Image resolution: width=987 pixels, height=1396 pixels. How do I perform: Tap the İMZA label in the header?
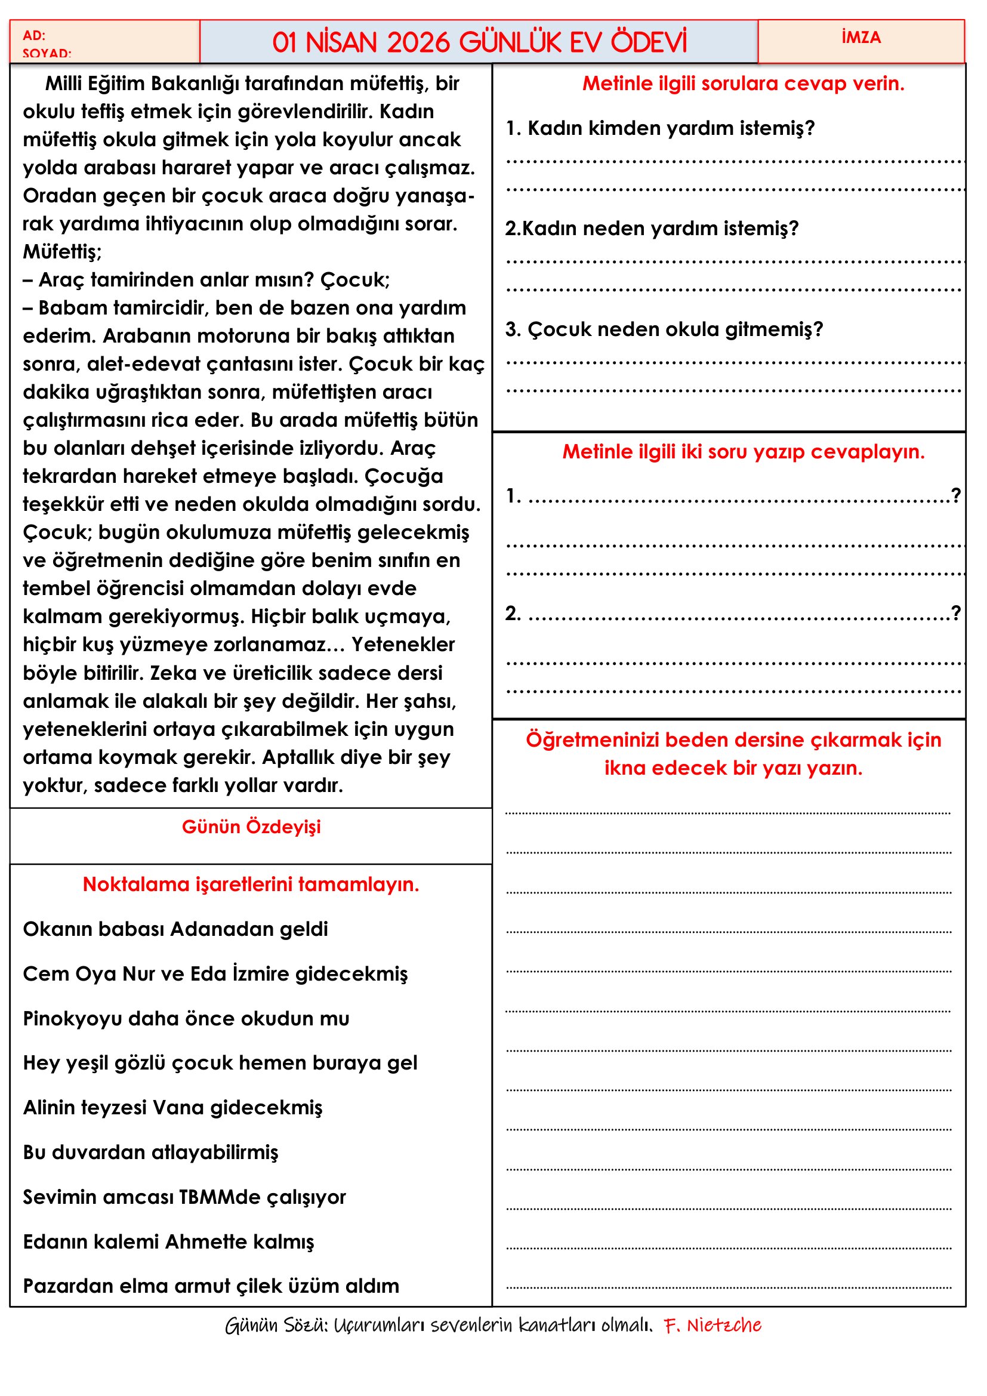[x=860, y=38]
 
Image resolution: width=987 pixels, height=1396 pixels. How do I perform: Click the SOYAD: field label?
[x=47, y=54]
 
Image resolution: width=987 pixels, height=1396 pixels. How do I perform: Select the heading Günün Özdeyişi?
[x=251, y=827]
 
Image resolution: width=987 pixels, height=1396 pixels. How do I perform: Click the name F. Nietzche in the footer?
[x=712, y=1326]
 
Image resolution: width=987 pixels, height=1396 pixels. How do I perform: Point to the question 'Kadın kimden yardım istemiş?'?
[x=670, y=128]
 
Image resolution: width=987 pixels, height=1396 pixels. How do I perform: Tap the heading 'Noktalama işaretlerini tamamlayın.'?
[x=251, y=884]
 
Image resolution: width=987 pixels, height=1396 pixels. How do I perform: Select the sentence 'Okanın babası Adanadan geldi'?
[x=175, y=929]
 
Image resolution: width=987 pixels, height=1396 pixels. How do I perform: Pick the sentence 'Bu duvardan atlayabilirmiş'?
[x=151, y=1152]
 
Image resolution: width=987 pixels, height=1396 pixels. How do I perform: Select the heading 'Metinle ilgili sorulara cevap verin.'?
[x=744, y=84]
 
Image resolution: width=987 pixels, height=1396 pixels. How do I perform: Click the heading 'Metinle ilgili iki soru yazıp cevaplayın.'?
[x=744, y=452]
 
